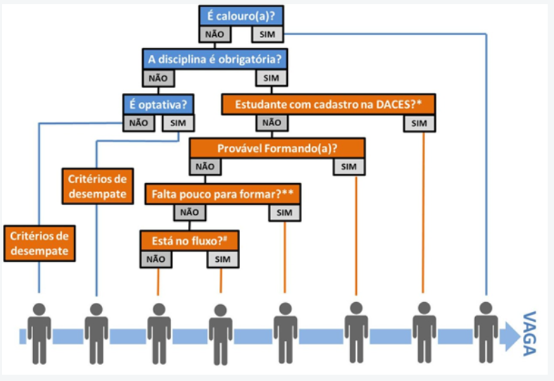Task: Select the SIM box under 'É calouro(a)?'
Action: pyautogui.click(x=269, y=34)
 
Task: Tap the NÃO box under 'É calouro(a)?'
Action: pyautogui.click(x=213, y=34)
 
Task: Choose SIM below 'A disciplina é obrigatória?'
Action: pyautogui.click(x=272, y=77)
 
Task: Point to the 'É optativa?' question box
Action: pyautogui.click(x=158, y=103)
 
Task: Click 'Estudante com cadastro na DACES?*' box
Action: pyautogui.click(x=328, y=104)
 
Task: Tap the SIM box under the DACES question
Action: pyautogui.click(x=420, y=123)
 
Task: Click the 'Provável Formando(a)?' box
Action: pyautogui.click(x=277, y=149)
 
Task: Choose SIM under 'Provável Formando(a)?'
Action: pyautogui.click(x=349, y=167)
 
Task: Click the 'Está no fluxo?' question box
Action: pyautogui.click(x=189, y=239)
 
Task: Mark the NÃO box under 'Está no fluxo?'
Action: pyautogui.click(x=157, y=258)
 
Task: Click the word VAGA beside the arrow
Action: pyautogui.click(x=529, y=332)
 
